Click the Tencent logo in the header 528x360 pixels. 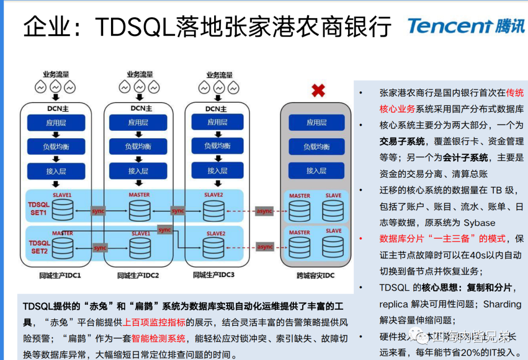[x=466, y=25]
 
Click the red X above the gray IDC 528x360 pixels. [x=318, y=90]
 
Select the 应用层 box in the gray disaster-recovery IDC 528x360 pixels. [x=316, y=123]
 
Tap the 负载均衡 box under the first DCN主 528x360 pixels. [x=56, y=146]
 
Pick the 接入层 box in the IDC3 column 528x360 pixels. [x=217, y=170]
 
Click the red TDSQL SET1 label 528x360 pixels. [x=39, y=209]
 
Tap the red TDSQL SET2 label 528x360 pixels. [x=39, y=247]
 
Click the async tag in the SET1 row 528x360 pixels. [x=264, y=211]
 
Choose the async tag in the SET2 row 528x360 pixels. [x=264, y=247]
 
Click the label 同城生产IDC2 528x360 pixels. [x=138, y=275]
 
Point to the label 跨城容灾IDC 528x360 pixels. [x=315, y=275]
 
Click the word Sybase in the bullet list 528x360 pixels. [x=479, y=223]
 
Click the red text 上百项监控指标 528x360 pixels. [x=154, y=322]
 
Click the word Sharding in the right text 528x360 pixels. [x=502, y=304]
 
